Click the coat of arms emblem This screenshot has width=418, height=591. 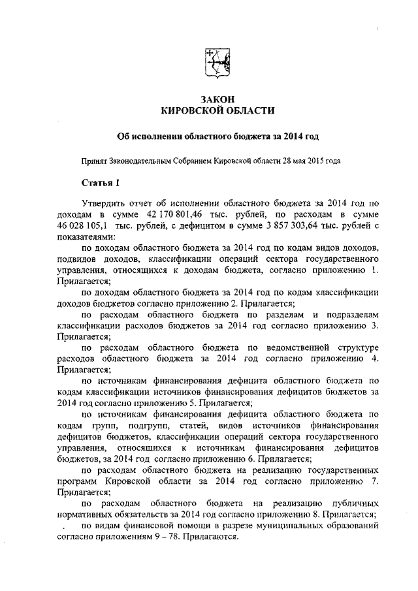tap(217, 63)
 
